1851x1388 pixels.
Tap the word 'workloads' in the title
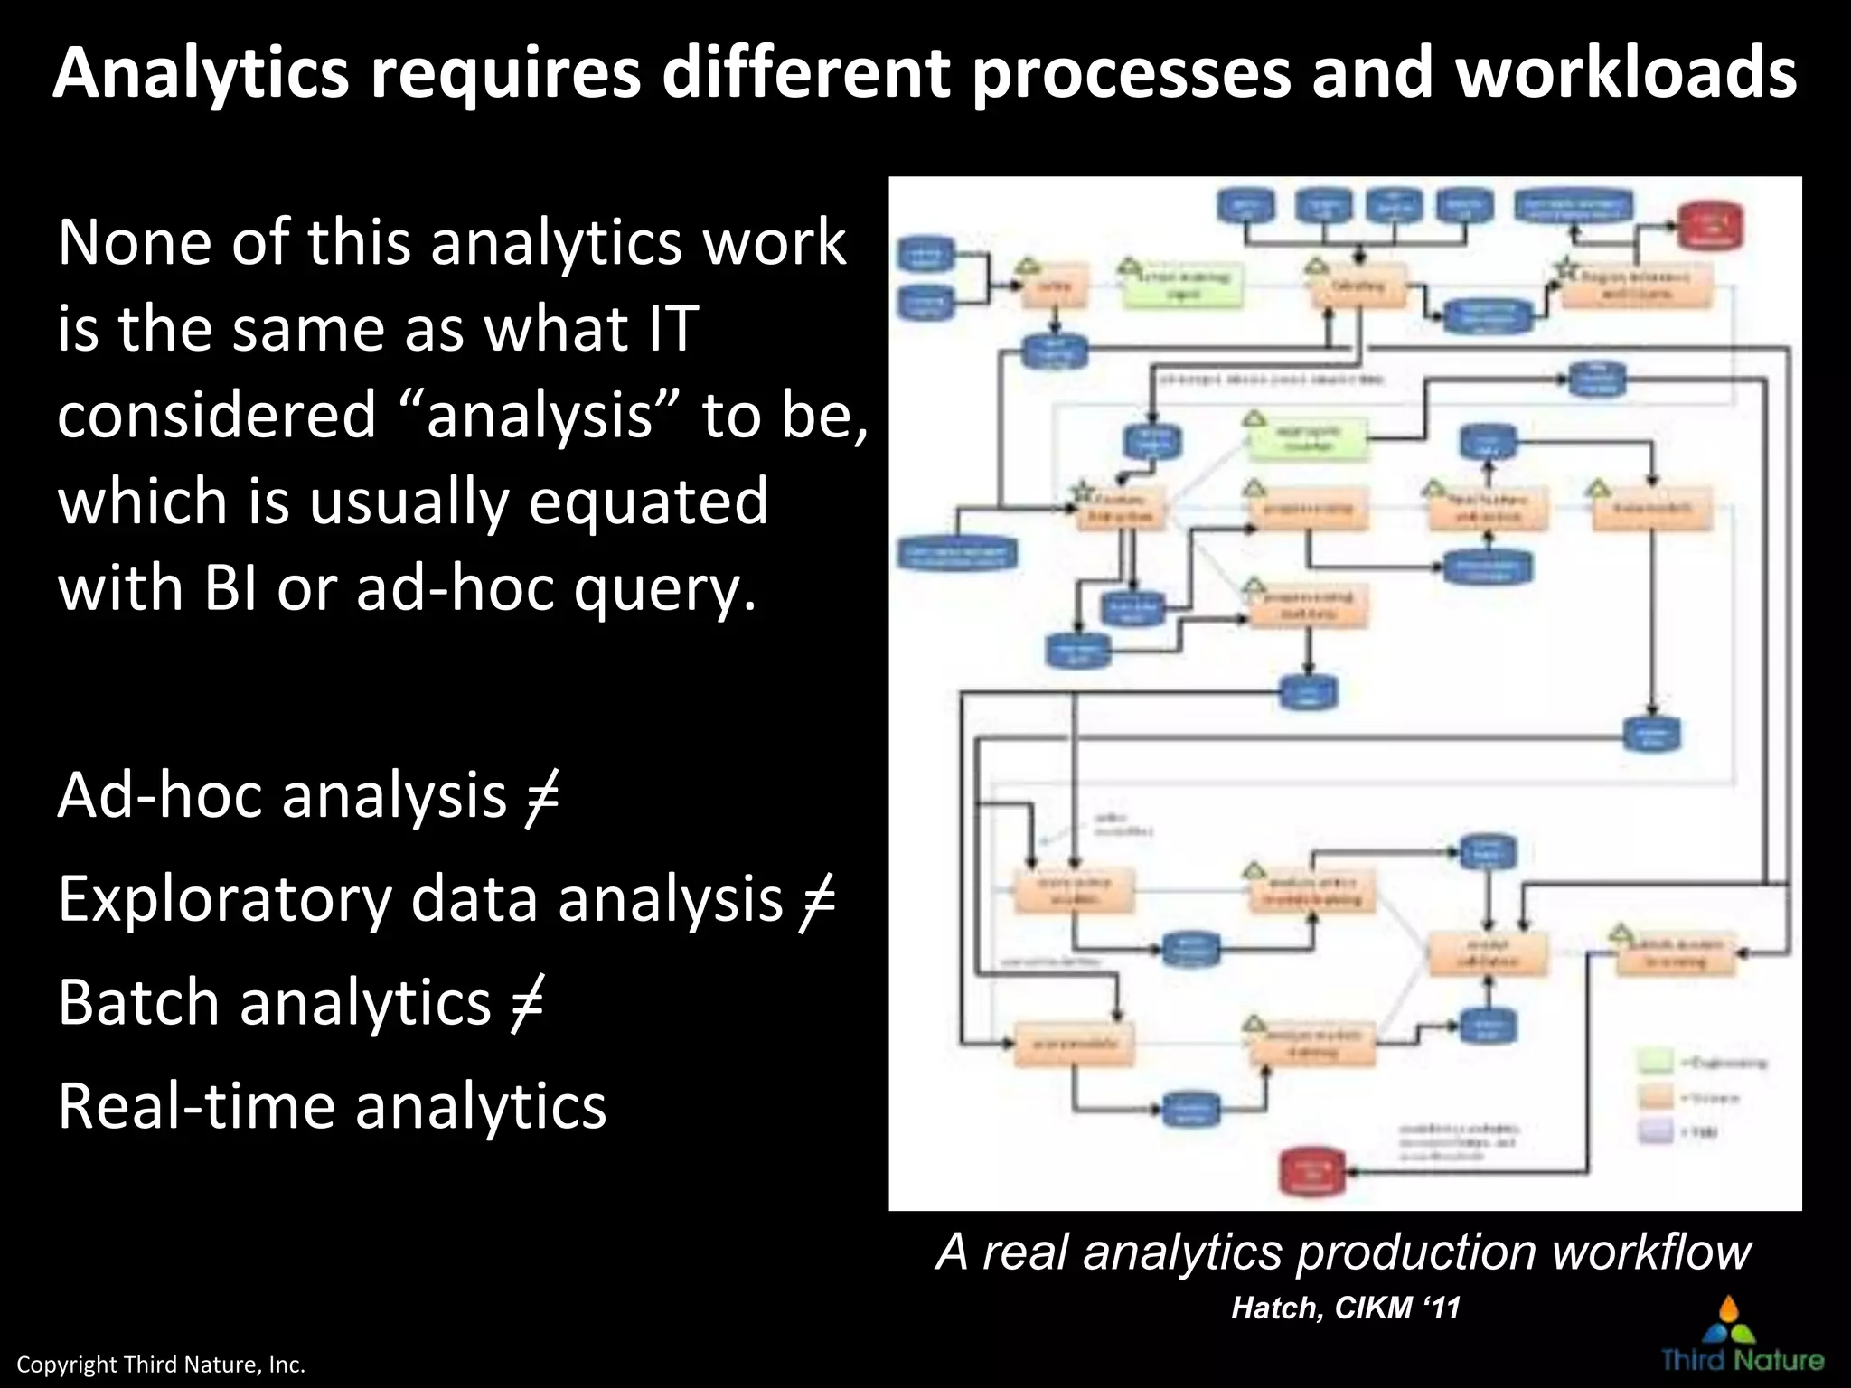(x=1626, y=74)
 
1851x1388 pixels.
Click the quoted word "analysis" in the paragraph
(x=539, y=415)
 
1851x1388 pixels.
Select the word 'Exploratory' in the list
(x=225, y=901)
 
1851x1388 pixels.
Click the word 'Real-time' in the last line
(x=195, y=1107)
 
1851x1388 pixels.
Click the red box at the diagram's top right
(x=1709, y=226)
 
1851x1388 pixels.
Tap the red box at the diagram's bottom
(x=1312, y=1172)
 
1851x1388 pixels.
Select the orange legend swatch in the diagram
(x=1656, y=1097)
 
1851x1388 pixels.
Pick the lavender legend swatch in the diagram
(x=1656, y=1130)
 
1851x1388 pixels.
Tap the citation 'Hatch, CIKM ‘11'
(x=1345, y=1308)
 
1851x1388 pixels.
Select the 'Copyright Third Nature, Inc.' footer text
(x=161, y=1365)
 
